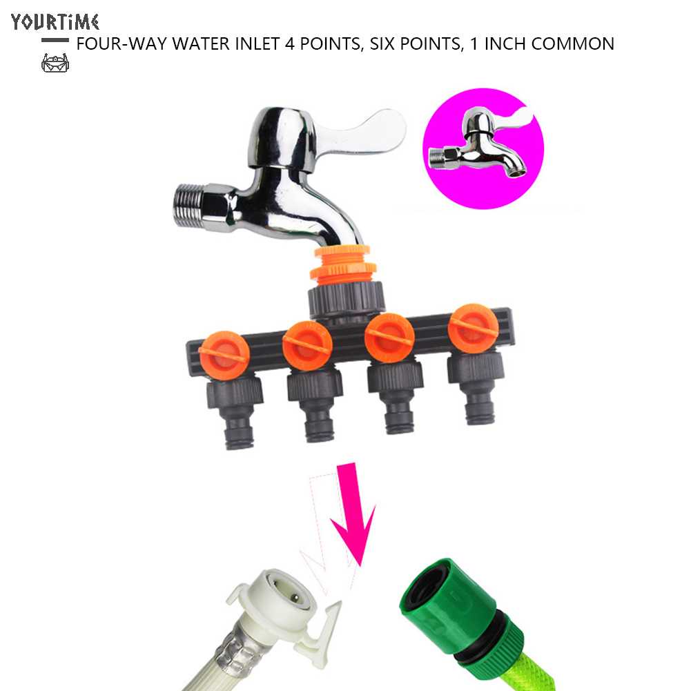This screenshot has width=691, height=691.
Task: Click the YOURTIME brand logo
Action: pyautogui.click(x=55, y=22)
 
